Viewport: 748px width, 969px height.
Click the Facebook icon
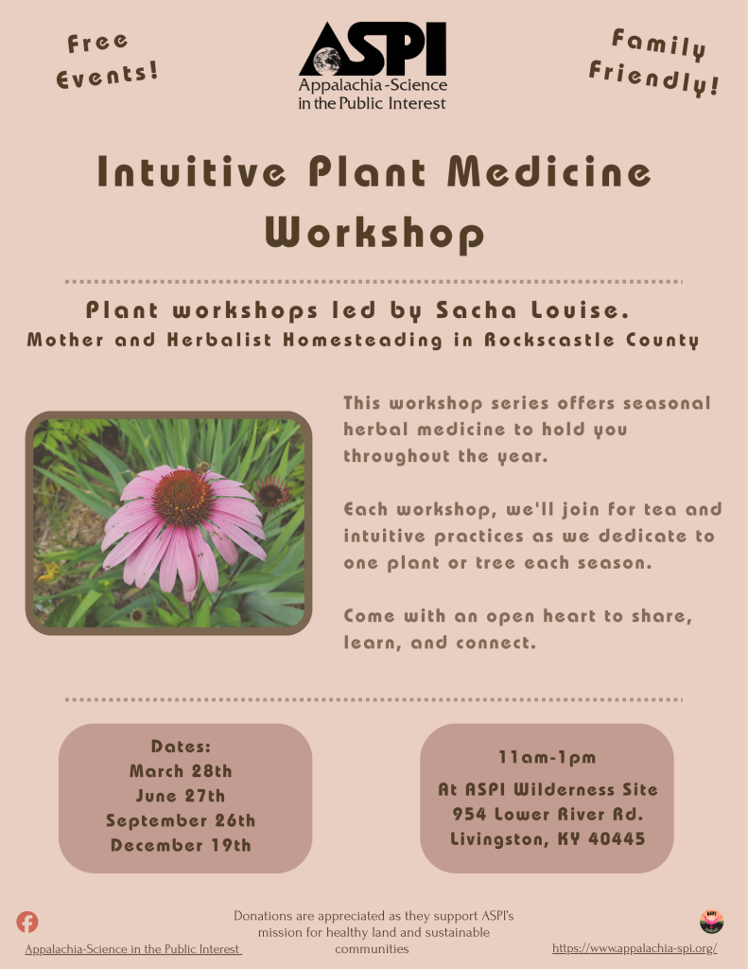(x=27, y=922)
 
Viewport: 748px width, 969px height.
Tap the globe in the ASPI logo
(x=327, y=62)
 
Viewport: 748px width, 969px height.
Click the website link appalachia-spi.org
(x=635, y=948)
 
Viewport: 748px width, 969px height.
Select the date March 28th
(x=181, y=771)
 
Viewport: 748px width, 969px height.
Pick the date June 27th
(x=181, y=796)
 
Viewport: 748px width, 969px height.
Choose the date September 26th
(x=181, y=820)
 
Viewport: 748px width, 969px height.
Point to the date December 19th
(x=181, y=845)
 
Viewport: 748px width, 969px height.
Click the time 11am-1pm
(x=548, y=758)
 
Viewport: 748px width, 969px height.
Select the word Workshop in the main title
(x=374, y=233)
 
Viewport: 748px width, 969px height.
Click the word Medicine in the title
(x=549, y=171)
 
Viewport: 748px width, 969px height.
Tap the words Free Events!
(x=106, y=62)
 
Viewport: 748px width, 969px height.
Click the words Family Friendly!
(x=654, y=62)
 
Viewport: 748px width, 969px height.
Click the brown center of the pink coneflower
(x=182, y=498)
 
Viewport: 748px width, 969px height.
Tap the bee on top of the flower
(x=202, y=467)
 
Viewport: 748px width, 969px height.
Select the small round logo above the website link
(x=711, y=922)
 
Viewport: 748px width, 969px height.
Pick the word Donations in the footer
(x=263, y=916)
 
